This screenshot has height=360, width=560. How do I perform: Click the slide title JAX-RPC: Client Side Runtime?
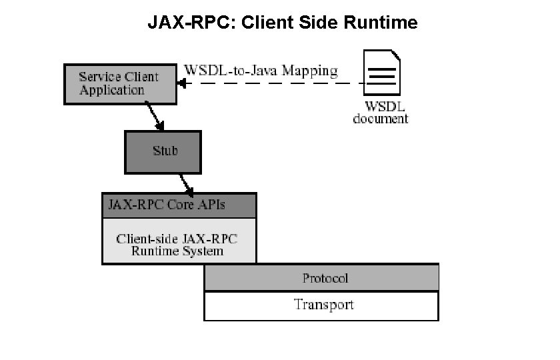pos(282,23)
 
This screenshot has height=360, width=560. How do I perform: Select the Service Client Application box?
pos(120,84)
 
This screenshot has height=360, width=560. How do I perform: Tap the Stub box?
pos(163,151)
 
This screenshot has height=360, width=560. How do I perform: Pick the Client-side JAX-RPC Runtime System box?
pos(179,245)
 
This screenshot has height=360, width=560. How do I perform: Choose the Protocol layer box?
pos(321,278)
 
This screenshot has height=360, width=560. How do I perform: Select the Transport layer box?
pos(321,305)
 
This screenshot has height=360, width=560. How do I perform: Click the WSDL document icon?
pos(381,74)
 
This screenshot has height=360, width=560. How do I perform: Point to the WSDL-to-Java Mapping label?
pos(261,70)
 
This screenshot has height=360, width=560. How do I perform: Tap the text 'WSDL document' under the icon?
pos(381,113)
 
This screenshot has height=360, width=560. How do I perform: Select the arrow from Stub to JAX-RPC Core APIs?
pos(186,182)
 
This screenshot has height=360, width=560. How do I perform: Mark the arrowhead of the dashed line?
pos(182,83)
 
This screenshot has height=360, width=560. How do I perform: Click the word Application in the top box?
pos(111,91)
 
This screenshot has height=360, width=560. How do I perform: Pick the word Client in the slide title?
pos(265,23)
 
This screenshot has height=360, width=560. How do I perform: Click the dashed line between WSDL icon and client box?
pos(273,83)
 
